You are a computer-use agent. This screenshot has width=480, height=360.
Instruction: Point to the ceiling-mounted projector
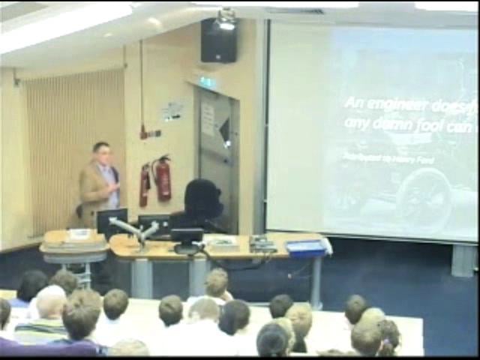pyautogui.click(x=226, y=19)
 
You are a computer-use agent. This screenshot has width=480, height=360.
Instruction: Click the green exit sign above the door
pyautogui.click(x=207, y=82)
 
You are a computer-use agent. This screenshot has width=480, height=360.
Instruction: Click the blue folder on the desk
pyautogui.click(x=306, y=247)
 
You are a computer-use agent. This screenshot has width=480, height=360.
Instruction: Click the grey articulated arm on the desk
pyautogui.click(x=135, y=231)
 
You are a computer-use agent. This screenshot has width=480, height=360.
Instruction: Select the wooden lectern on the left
pyautogui.click(x=73, y=247)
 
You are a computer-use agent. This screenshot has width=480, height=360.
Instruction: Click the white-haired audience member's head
pyautogui.click(x=51, y=301)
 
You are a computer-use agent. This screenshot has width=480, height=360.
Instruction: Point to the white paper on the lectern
pyautogui.click(x=78, y=233)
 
